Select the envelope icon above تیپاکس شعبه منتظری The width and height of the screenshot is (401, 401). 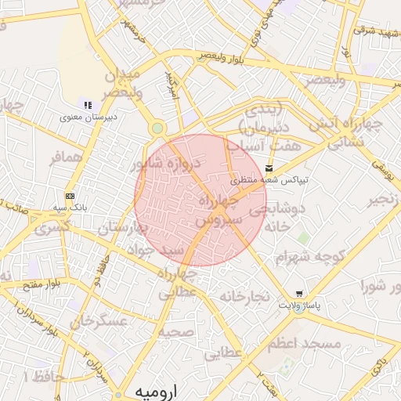[x=269, y=168]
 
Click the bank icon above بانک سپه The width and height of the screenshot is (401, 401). [x=70, y=196]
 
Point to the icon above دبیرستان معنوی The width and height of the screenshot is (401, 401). [x=88, y=105]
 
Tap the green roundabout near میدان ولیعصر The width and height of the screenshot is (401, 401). [x=157, y=128]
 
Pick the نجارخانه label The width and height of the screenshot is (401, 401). [x=245, y=297]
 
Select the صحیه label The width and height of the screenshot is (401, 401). [x=175, y=333]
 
